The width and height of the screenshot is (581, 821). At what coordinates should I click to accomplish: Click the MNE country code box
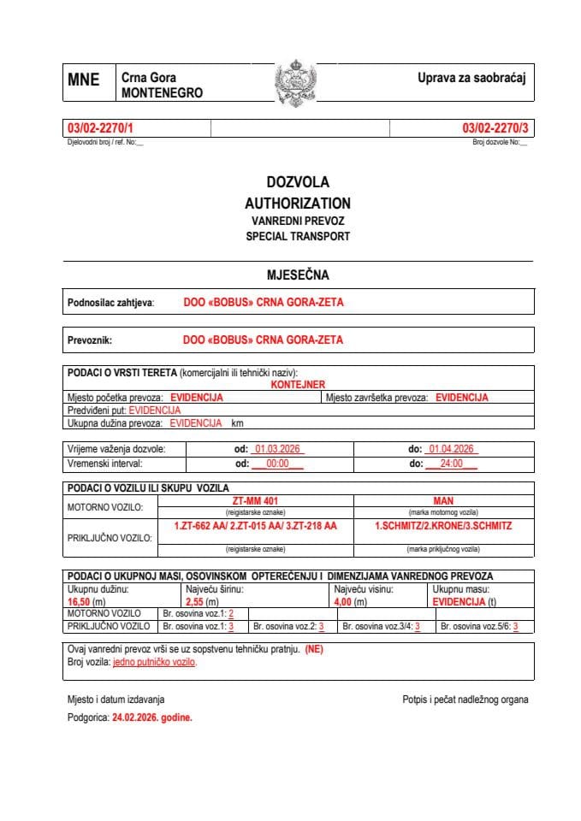pyautogui.click(x=83, y=80)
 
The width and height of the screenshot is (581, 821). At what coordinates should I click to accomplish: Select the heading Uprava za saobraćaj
pyautogui.click(x=470, y=79)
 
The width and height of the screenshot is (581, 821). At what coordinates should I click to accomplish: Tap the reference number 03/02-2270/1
pyautogui.click(x=100, y=128)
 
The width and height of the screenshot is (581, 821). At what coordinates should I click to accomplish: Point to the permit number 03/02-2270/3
pyautogui.click(x=495, y=128)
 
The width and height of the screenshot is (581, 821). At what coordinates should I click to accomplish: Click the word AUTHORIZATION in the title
pyautogui.click(x=297, y=204)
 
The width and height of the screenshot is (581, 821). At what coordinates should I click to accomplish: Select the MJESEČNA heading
pyautogui.click(x=297, y=275)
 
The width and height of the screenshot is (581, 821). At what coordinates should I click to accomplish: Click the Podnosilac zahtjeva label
pyautogui.click(x=110, y=303)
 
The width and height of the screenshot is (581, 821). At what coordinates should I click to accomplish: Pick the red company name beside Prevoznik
pyautogui.click(x=263, y=340)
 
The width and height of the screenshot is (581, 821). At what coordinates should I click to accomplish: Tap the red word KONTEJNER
pyautogui.click(x=298, y=385)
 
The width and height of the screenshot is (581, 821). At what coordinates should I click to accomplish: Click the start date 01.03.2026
pyautogui.click(x=276, y=449)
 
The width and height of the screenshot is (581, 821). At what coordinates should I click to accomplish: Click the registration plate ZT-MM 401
pyautogui.click(x=256, y=500)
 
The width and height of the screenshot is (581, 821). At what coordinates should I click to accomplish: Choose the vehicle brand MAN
pyautogui.click(x=442, y=500)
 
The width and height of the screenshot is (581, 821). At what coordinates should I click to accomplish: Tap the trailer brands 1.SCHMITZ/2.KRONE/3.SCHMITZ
pyautogui.click(x=442, y=526)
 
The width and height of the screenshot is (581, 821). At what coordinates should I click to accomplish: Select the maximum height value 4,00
pyautogui.click(x=345, y=602)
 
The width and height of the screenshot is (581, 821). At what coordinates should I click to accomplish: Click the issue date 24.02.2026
pyautogui.click(x=151, y=718)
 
